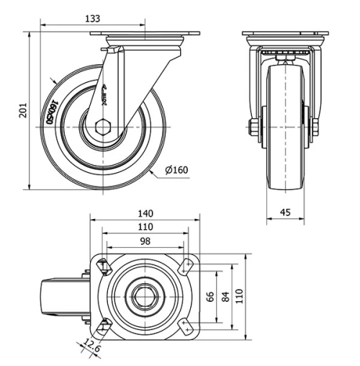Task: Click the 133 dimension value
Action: (92, 18)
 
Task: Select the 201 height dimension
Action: (23, 110)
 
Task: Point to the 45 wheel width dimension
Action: (286, 212)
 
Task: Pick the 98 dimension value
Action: (145, 241)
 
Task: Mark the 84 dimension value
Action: (225, 296)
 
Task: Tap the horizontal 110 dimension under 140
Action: (145, 227)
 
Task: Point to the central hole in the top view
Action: (145, 296)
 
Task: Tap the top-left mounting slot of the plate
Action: (103, 266)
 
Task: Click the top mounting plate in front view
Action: (286, 35)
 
